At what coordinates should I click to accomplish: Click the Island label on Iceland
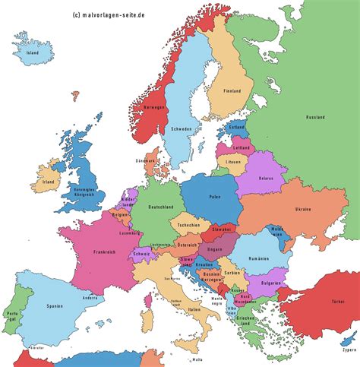31,54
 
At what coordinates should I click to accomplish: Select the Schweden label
182,128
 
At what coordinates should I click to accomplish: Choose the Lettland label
242,147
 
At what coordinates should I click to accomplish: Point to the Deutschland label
160,207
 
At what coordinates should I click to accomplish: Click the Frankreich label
104,252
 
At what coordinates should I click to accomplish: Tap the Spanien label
52,307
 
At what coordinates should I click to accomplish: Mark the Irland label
49,182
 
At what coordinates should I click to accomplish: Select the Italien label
194,309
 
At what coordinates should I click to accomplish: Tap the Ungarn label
217,247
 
